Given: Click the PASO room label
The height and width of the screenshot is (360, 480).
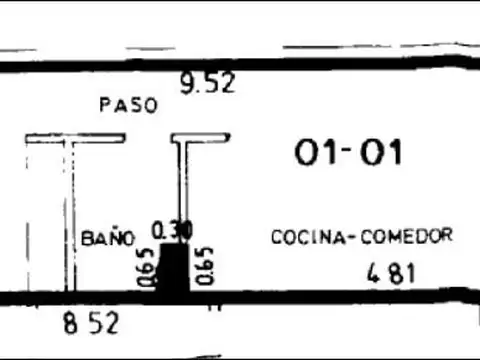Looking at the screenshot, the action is coord(128,104).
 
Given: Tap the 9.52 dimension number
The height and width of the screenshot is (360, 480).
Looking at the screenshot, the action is coord(207,83).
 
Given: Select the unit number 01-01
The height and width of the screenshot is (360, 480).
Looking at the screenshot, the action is coord(348,153).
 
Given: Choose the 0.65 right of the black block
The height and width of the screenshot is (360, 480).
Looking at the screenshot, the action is coord(206,265).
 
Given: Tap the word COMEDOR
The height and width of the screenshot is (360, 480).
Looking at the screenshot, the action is coord(412,236).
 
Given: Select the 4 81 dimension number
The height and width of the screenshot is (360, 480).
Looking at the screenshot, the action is coord(390,271).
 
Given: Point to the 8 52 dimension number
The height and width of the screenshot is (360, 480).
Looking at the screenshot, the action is coord(90,323).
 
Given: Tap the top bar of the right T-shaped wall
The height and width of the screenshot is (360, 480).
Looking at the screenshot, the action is coord(200,138).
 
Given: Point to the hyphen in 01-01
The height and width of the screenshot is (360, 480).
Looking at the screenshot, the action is coord(348,153).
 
